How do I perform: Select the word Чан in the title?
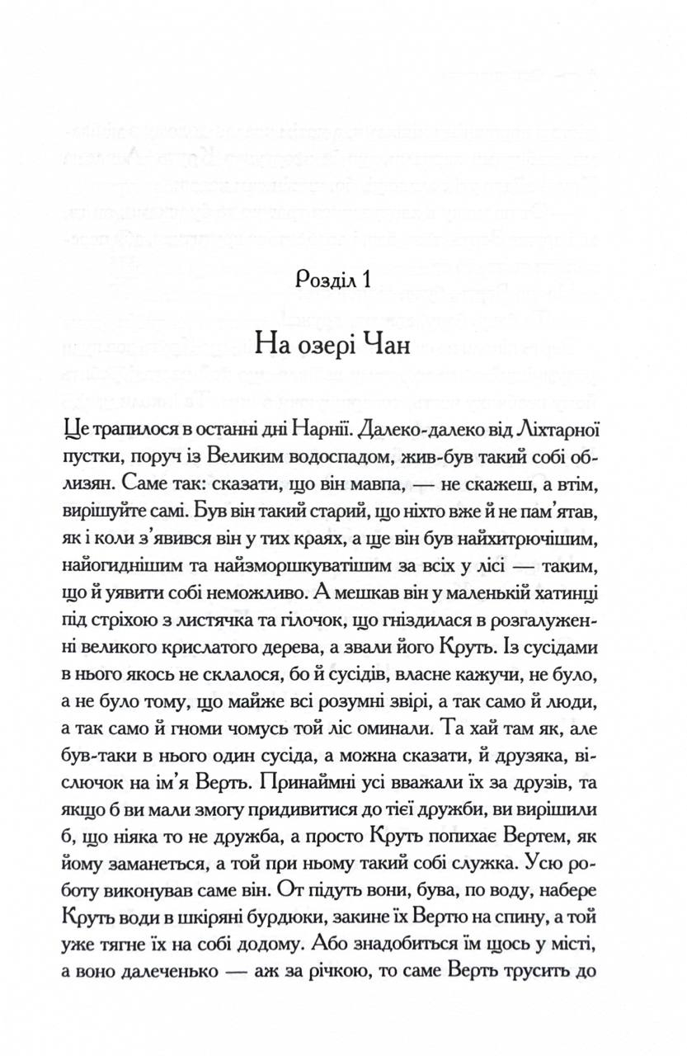(384, 342)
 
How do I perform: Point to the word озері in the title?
(324, 342)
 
